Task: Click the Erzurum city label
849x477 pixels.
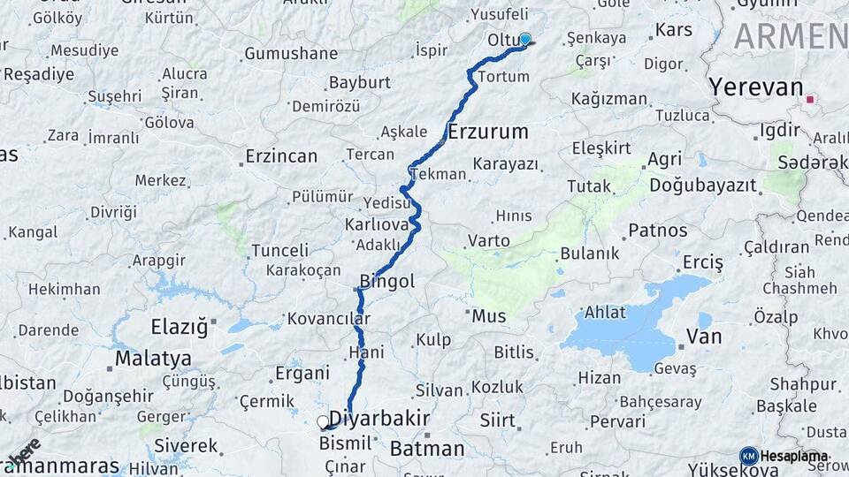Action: pos(487,132)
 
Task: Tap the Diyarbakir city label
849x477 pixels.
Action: pos(379,419)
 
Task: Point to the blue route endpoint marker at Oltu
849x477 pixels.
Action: pos(525,39)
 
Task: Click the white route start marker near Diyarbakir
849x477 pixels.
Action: pos(323,422)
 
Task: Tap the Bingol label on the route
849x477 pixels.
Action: pos(386,282)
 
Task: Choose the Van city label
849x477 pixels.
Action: pos(705,337)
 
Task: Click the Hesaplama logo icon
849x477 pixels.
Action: pos(748,456)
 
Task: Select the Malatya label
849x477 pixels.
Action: pos(154,360)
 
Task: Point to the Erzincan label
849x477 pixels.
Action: pos(281,156)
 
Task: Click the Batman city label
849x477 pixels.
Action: pos(427,449)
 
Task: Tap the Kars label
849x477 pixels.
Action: pos(674,31)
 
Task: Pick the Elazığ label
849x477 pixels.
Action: pos(180,327)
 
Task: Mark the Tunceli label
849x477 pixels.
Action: pos(280,251)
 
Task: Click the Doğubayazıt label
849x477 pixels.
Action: pos(703,185)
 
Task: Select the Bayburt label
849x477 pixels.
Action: pos(360,82)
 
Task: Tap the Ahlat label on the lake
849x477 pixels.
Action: pos(605,313)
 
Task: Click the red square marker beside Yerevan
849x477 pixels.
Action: pos(809,100)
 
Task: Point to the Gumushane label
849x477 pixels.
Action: pos(291,54)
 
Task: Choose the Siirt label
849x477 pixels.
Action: pos(497,420)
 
